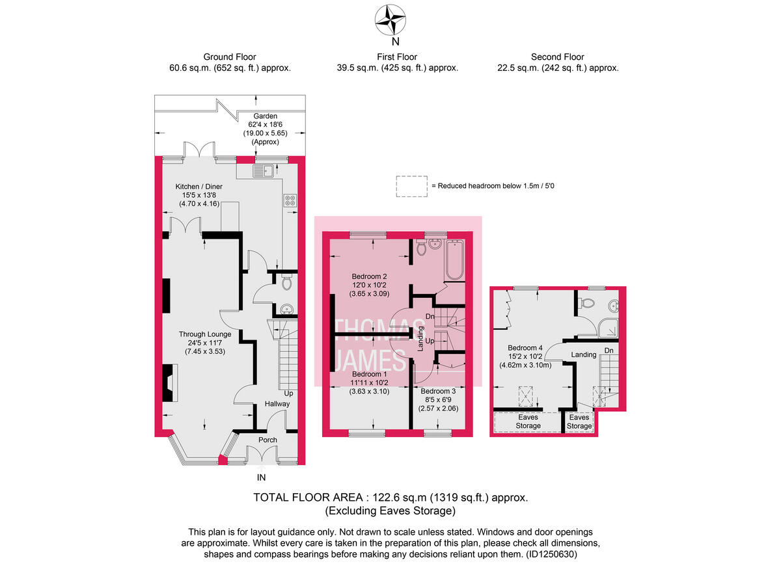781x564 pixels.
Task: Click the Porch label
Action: [267, 440]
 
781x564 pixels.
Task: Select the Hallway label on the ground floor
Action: [277, 404]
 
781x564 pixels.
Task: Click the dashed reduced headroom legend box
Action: [411, 186]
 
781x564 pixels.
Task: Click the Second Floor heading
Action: [557, 57]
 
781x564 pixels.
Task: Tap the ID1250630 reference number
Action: [551, 554]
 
